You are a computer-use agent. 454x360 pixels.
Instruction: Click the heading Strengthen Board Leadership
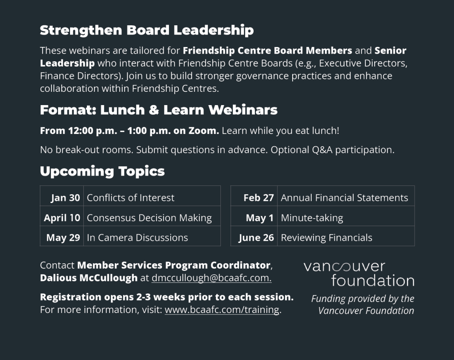(x=147, y=31)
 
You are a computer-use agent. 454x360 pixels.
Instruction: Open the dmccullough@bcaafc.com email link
(x=211, y=278)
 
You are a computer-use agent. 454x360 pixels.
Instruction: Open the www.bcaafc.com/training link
(x=222, y=309)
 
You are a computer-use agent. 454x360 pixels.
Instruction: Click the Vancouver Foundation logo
(x=359, y=274)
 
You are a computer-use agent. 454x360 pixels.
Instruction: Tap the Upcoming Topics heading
(x=102, y=171)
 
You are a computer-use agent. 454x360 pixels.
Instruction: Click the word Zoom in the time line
(x=204, y=131)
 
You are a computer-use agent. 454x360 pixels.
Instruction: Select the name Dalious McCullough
(x=89, y=278)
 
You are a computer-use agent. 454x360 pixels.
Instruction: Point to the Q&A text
(x=322, y=150)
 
